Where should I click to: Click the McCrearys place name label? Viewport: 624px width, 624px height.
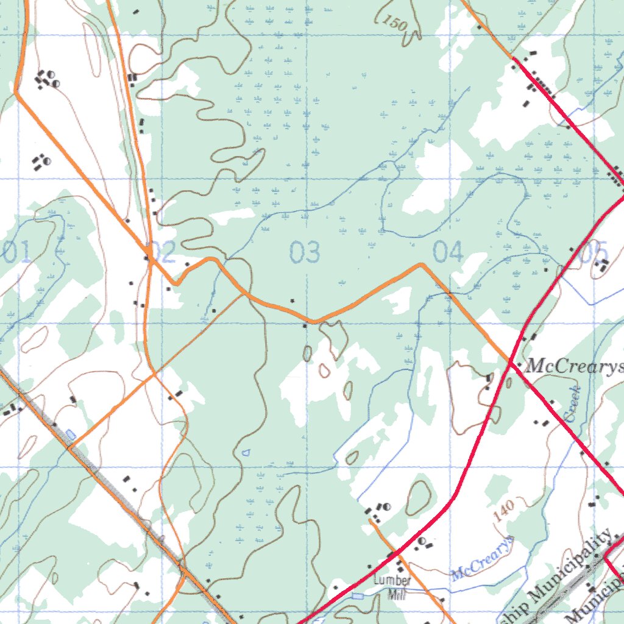tap(574, 366)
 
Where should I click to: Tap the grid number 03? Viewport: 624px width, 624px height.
tap(305, 252)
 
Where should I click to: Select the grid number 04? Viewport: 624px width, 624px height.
tap(448, 252)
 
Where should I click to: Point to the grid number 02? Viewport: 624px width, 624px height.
tap(162, 252)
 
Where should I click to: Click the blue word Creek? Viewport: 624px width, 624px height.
tap(572, 404)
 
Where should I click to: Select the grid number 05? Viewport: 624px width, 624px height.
tap(594, 252)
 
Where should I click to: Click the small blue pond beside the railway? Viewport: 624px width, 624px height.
tap(71, 434)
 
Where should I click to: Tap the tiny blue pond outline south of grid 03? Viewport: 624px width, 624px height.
tap(246, 453)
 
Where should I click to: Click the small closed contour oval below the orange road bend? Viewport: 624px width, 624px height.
tap(307, 352)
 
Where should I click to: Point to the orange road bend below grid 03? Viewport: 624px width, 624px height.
tap(313, 321)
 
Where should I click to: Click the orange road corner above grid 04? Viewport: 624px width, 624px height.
tap(421, 264)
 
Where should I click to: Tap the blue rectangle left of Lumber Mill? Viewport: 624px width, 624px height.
tap(358, 595)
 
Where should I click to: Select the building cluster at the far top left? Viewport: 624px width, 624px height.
tap(46, 79)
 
